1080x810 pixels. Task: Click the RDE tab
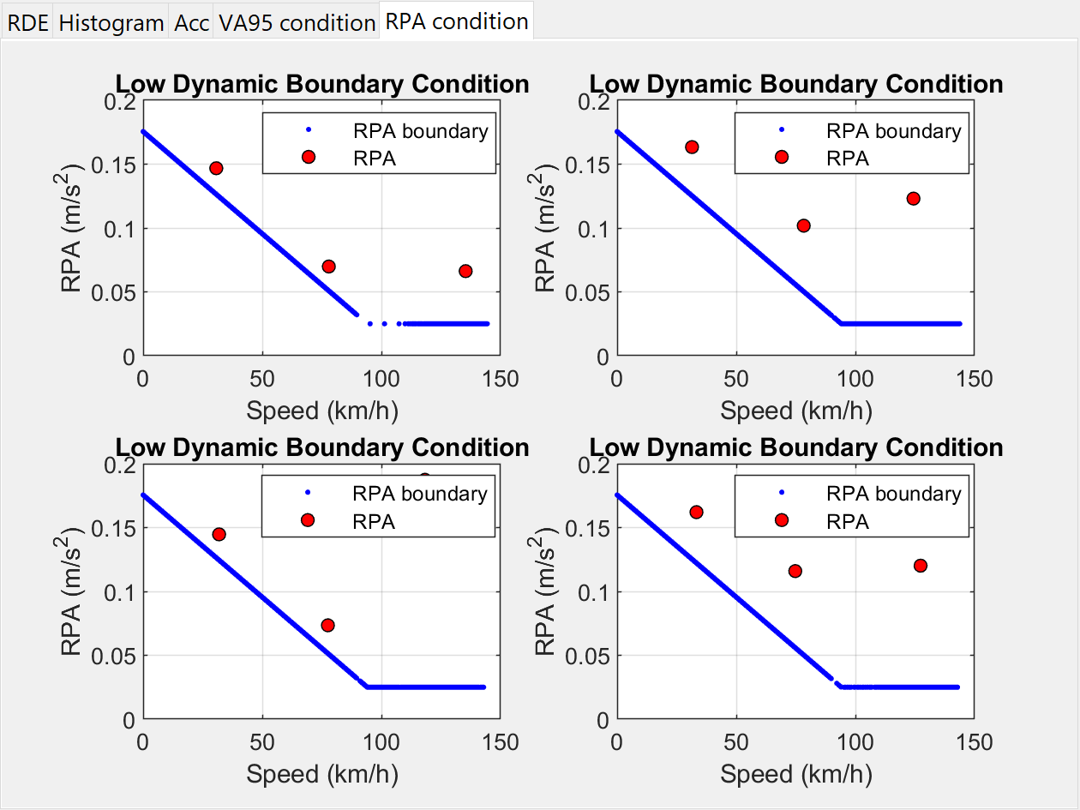coord(27,22)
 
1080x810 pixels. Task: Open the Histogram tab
coord(111,22)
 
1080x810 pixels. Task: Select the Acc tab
coord(191,22)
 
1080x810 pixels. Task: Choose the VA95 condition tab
coord(297,22)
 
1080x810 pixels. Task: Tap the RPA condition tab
coord(457,21)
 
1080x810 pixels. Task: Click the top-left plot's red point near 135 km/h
coord(465,271)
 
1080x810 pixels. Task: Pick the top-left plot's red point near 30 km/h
coord(216,168)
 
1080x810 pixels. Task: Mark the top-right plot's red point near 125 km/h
coord(913,199)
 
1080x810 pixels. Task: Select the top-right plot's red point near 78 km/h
coord(803,225)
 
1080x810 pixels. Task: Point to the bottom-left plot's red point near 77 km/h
coord(327,625)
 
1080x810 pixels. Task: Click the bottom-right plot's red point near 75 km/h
coord(795,571)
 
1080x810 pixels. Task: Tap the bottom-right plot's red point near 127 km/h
coord(921,566)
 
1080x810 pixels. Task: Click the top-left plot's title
coord(322,84)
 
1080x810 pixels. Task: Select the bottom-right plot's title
coord(796,447)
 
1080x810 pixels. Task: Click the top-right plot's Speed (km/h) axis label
coord(795,411)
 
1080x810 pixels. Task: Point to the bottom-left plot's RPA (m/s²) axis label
coord(74,591)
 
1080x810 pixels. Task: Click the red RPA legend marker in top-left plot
coord(309,157)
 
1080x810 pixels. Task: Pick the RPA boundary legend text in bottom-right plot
coord(893,494)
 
